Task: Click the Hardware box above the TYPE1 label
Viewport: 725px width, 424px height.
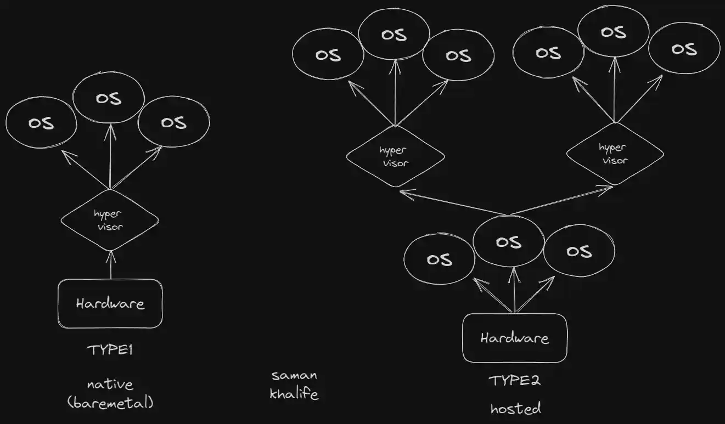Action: [x=110, y=303]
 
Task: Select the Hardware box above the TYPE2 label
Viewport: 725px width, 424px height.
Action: [x=514, y=338]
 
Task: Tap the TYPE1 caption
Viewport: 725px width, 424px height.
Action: [x=110, y=350]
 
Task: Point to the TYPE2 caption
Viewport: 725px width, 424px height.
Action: [x=514, y=380]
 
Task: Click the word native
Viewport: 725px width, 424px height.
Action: [x=110, y=384]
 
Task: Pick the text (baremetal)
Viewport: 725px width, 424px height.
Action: [x=110, y=403]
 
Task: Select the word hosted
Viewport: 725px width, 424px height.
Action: [x=515, y=408]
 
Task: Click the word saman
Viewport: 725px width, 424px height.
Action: [x=294, y=376]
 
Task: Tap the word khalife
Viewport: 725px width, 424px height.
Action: [x=294, y=394]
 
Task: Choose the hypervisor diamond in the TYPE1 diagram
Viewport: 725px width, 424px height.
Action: [x=110, y=220]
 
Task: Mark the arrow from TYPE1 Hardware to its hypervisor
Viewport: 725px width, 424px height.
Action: [x=110, y=265]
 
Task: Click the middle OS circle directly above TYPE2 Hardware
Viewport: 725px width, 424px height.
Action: [x=508, y=242]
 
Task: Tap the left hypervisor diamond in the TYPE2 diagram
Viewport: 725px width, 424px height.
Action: [x=395, y=156]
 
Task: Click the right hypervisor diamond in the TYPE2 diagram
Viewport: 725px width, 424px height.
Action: [x=614, y=154]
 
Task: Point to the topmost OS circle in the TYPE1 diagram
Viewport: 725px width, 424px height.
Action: [x=109, y=99]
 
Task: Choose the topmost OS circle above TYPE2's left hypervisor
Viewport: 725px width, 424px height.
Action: [x=394, y=35]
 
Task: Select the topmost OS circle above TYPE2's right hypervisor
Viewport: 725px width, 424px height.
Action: [x=614, y=32]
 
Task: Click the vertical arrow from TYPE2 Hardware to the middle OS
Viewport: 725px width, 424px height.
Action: [x=514, y=291]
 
